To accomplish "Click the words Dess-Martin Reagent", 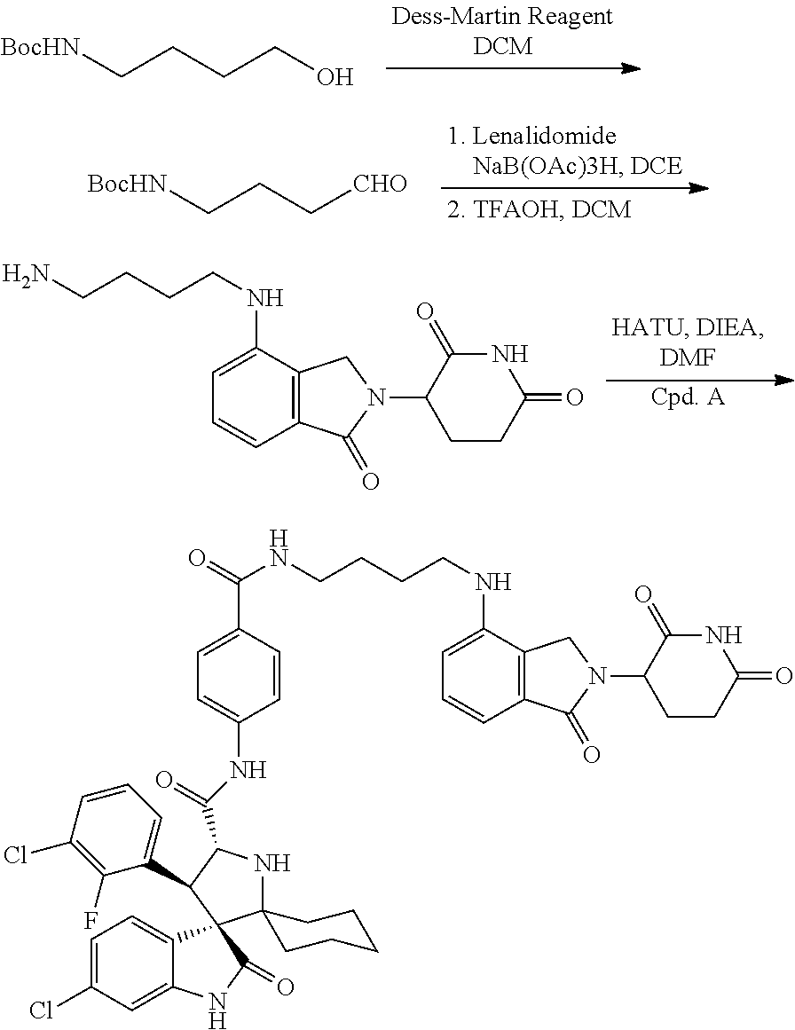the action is coord(502,16).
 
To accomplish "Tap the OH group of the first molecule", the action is coord(335,77).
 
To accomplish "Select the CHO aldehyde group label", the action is coord(380,184).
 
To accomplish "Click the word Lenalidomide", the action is coord(545,136).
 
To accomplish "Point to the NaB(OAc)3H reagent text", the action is coord(547,166).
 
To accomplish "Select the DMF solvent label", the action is coord(688,358).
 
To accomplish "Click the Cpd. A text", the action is coord(688,397).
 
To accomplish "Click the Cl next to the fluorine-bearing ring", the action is coord(16,854).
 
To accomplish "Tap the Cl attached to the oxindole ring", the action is coord(41,1009).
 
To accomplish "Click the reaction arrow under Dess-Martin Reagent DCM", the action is coord(513,68).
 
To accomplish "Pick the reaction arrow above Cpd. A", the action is coord(699,381).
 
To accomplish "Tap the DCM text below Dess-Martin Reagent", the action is coord(502,46).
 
